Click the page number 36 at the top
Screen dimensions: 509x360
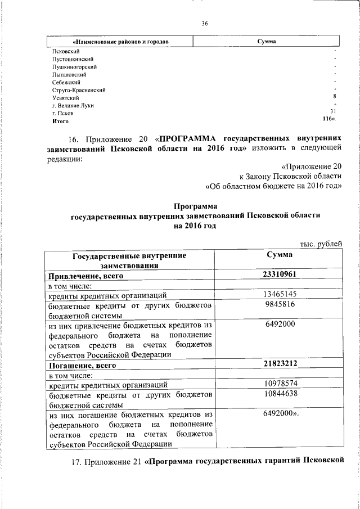(x=205, y=23)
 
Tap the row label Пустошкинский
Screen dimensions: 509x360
(x=72, y=59)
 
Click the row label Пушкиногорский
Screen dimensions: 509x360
(x=74, y=67)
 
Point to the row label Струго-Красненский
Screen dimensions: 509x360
(x=78, y=90)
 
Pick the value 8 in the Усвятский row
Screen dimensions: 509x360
(x=335, y=97)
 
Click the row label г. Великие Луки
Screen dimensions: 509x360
(x=73, y=105)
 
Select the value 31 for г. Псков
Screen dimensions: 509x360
(x=333, y=112)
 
